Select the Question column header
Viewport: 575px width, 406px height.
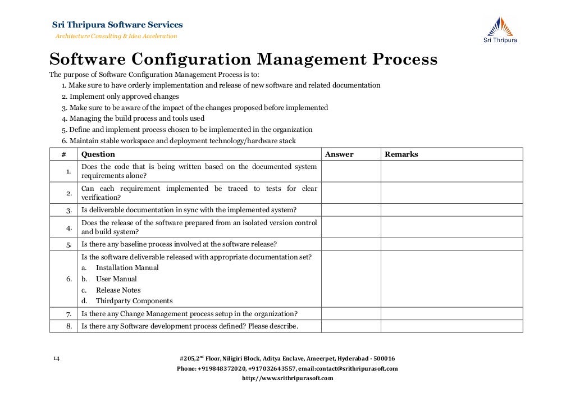(98, 154)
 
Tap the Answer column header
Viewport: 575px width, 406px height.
(339, 154)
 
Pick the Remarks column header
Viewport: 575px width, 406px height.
(401, 154)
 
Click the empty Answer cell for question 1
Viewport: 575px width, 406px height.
(351, 171)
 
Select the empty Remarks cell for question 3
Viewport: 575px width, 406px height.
(451, 210)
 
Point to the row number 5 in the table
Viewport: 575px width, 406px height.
(69, 245)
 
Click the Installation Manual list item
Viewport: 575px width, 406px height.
(127, 268)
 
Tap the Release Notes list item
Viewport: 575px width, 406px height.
(118, 290)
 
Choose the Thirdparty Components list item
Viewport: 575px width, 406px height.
(134, 302)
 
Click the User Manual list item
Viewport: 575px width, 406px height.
(116, 279)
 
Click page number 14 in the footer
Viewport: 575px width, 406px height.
(56, 358)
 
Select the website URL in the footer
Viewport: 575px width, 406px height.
(287, 378)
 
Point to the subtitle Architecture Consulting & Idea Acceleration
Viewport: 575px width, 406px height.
(116, 37)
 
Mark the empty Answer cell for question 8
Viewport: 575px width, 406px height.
(351, 326)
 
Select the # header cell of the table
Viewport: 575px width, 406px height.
(63, 154)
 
